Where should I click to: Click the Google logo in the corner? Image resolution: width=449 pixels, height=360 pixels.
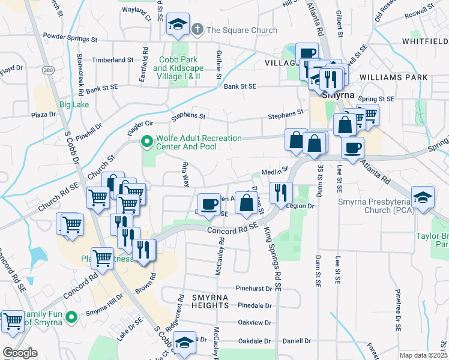20,353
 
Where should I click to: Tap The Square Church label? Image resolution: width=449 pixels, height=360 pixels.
242,30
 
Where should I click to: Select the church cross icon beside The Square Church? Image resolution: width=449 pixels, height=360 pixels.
197,29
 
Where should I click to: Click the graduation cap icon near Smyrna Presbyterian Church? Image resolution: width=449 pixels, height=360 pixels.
423,197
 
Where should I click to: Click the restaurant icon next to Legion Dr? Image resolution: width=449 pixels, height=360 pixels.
280,192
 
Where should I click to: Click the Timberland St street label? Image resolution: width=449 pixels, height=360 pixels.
113,60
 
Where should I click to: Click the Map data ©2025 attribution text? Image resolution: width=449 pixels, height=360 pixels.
423,355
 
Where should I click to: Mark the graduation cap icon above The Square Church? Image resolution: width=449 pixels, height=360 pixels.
178,24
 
